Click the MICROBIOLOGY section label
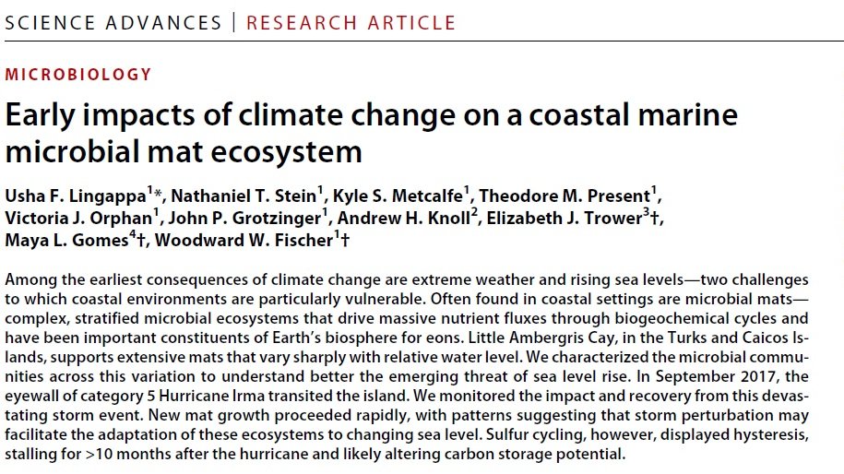(78, 75)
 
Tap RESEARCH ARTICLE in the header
(351, 22)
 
